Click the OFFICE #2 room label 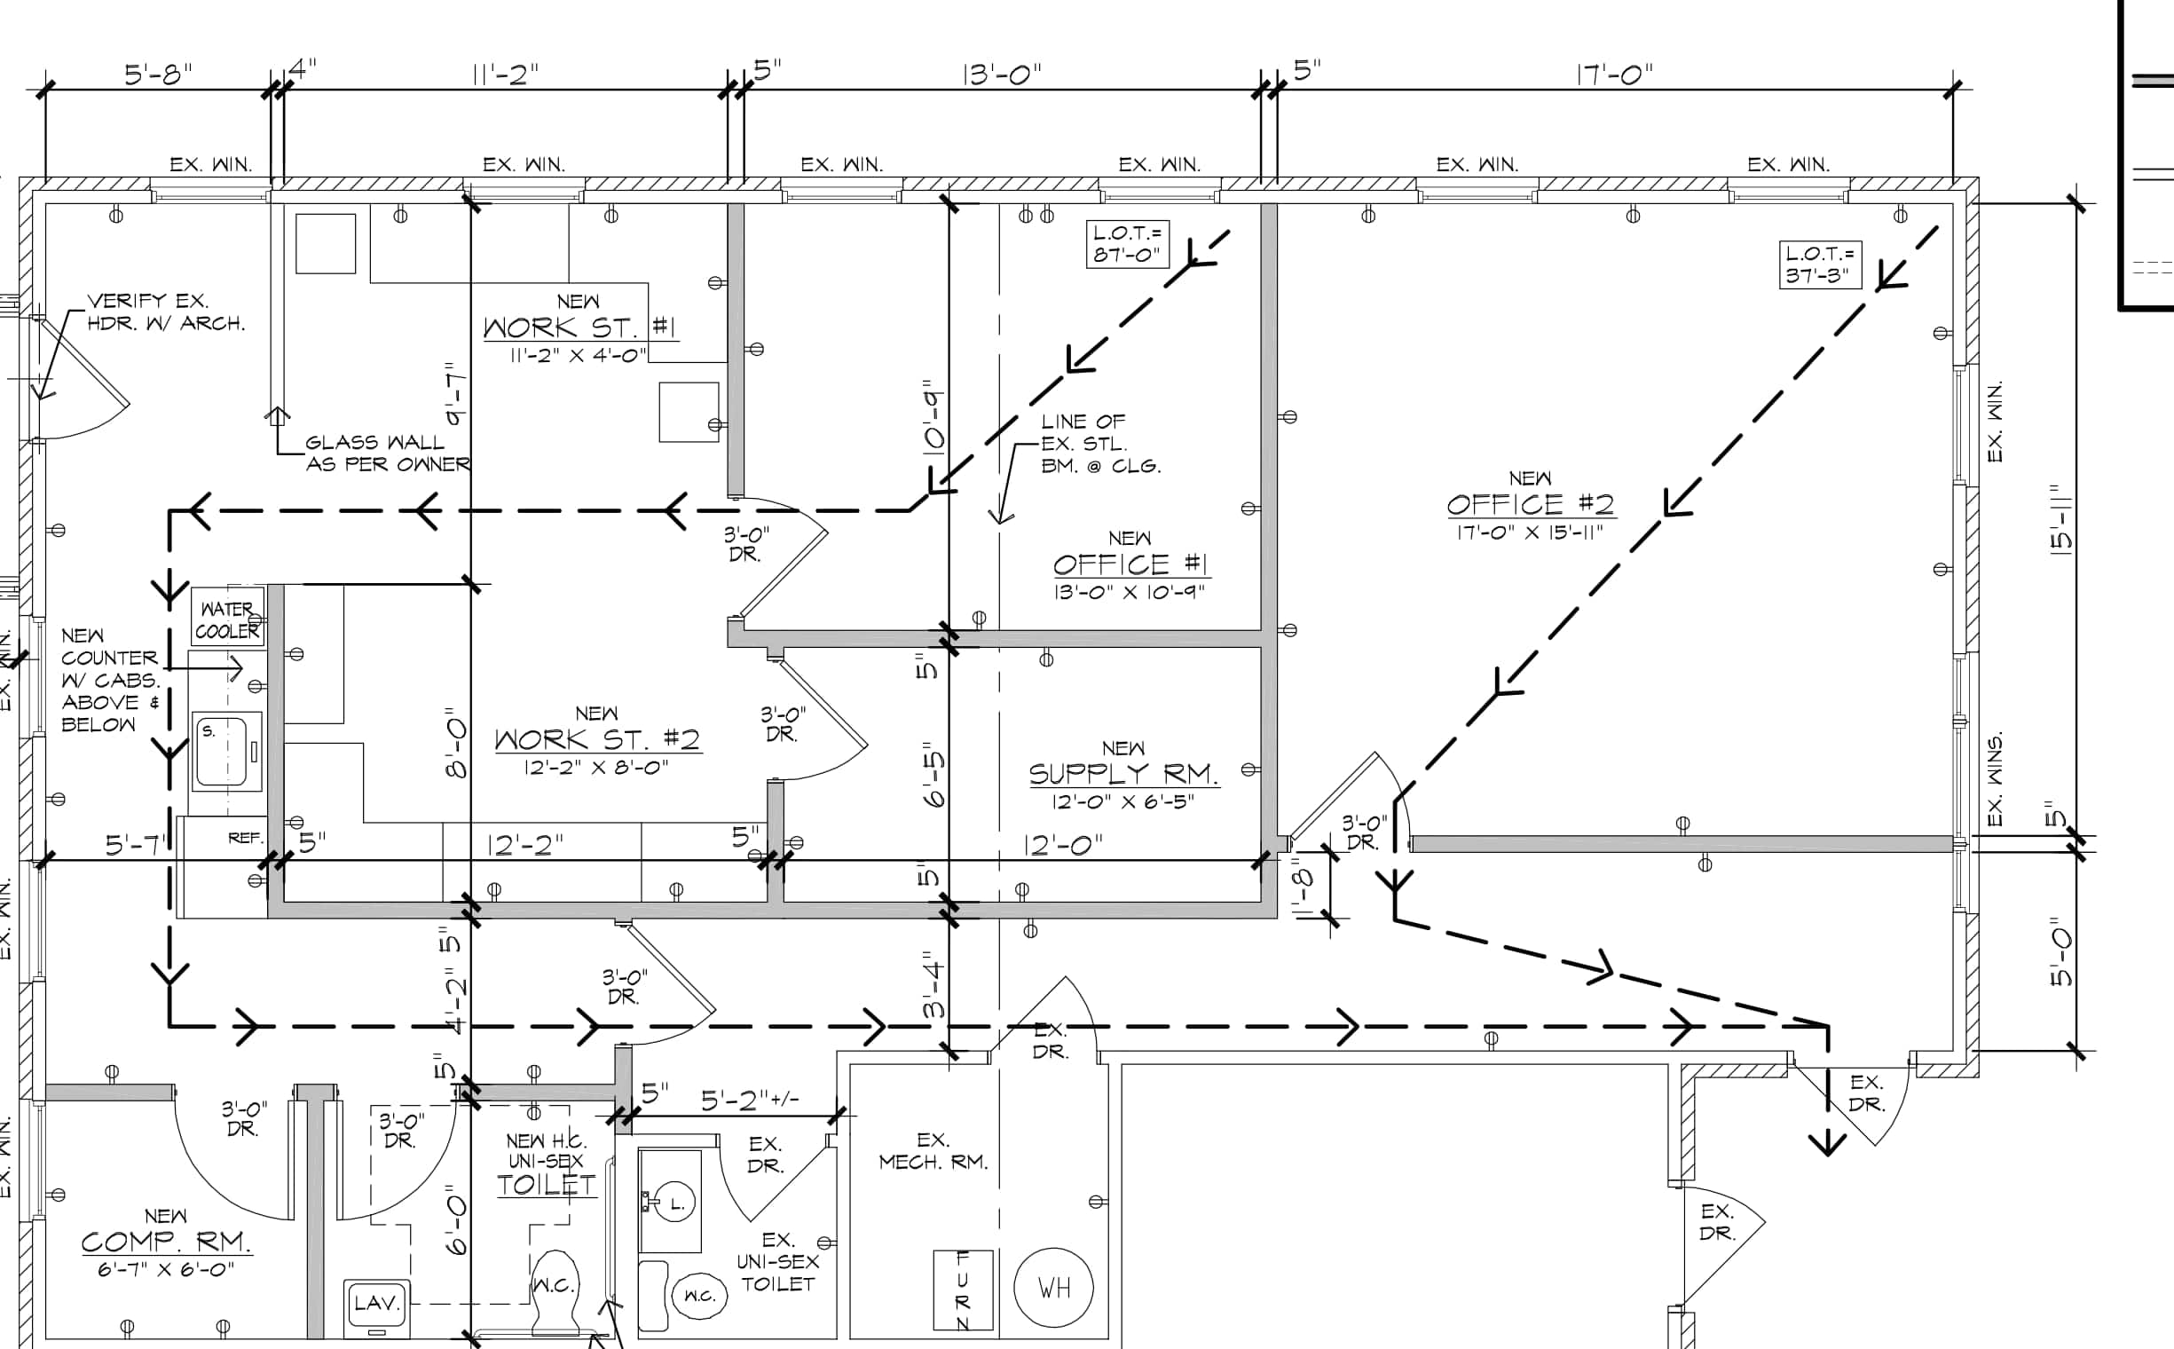point(1530,505)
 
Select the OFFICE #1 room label point(1130,564)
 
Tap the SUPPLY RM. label point(1124,774)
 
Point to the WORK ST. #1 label point(579,327)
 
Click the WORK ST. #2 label point(598,739)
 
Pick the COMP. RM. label point(166,1242)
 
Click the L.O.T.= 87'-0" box point(1128,243)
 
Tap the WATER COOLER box point(228,617)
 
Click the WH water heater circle point(1054,1288)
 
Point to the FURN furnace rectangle point(963,1290)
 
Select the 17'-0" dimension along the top point(1615,75)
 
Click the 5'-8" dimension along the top point(158,74)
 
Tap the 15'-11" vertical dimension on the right point(2061,521)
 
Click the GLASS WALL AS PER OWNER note point(387,454)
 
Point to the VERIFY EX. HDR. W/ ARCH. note point(166,312)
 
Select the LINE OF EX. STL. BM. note point(1101,444)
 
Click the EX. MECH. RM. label point(933,1151)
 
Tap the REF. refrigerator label point(245,838)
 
